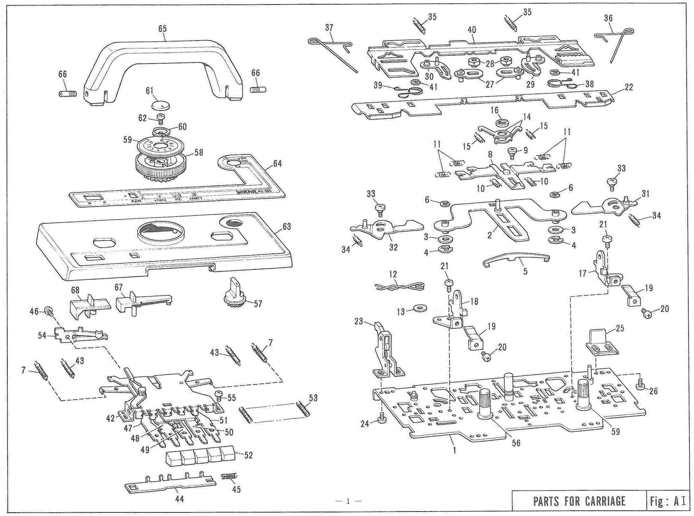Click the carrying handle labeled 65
click(163, 51)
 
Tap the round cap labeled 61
click(160, 105)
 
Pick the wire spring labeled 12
click(399, 286)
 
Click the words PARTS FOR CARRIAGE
click(579, 501)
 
